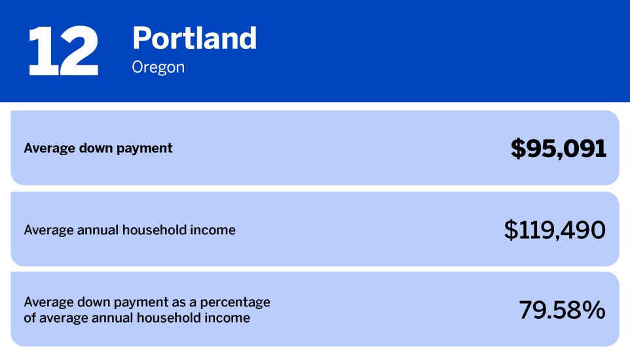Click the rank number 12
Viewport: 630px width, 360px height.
(63, 52)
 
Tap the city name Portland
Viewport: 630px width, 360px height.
(195, 39)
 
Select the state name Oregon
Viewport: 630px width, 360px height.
(158, 67)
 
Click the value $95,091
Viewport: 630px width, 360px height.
(559, 149)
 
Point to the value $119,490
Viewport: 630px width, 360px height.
(555, 230)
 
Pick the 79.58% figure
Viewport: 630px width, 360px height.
(562, 310)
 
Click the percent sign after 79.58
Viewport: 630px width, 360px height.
(594, 310)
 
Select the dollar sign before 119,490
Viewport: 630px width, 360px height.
(510, 230)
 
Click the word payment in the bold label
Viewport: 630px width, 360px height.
(147, 149)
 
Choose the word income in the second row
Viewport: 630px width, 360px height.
(214, 230)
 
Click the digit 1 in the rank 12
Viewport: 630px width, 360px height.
(41, 52)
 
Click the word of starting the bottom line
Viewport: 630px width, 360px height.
(30, 319)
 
